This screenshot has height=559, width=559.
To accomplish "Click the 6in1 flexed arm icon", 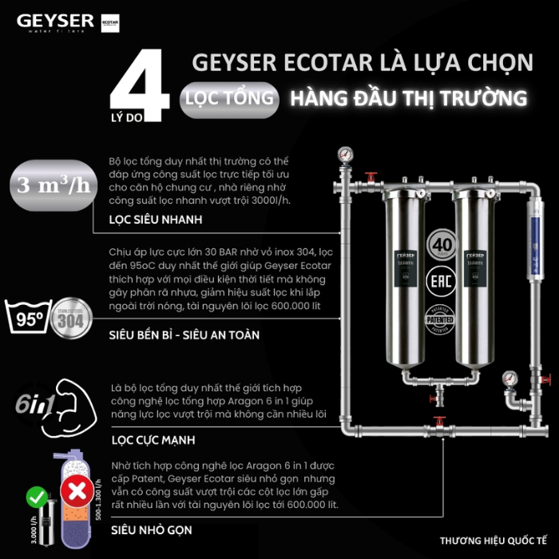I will pos(40,406).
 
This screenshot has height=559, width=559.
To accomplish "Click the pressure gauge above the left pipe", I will pos(345,151).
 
